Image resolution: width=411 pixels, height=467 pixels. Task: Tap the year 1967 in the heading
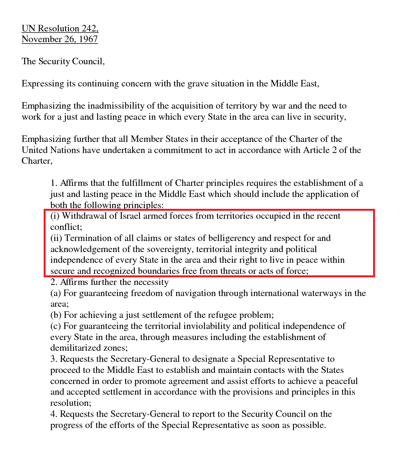(x=88, y=39)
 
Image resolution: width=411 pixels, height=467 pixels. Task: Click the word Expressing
(x=43, y=84)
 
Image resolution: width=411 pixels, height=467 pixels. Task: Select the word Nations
(x=65, y=150)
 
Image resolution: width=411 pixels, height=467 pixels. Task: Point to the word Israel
(x=130, y=216)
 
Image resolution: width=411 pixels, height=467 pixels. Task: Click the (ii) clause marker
(x=56, y=238)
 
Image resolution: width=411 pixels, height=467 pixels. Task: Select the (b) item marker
(x=56, y=315)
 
